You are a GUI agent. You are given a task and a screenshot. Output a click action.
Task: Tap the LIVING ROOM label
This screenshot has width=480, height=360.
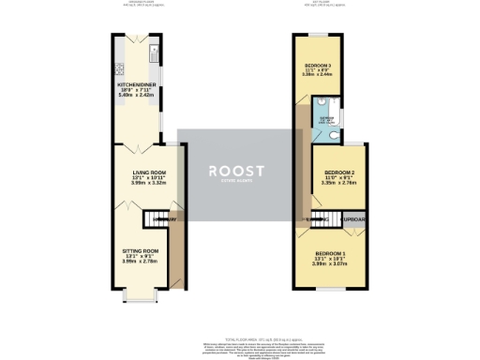click(147, 172)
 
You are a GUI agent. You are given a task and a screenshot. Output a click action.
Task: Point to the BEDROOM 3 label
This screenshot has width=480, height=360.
click(319, 65)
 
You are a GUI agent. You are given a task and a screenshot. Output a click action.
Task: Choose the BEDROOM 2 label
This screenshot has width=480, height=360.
click(338, 173)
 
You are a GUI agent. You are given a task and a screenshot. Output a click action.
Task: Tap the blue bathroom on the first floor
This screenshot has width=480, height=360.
click(325, 120)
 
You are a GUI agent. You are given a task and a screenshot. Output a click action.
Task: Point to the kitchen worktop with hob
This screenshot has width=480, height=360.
click(119, 67)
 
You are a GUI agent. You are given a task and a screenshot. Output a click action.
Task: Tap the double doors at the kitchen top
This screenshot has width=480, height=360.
click(137, 38)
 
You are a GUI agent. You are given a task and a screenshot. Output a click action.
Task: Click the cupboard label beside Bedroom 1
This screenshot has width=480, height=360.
click(354, 220)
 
